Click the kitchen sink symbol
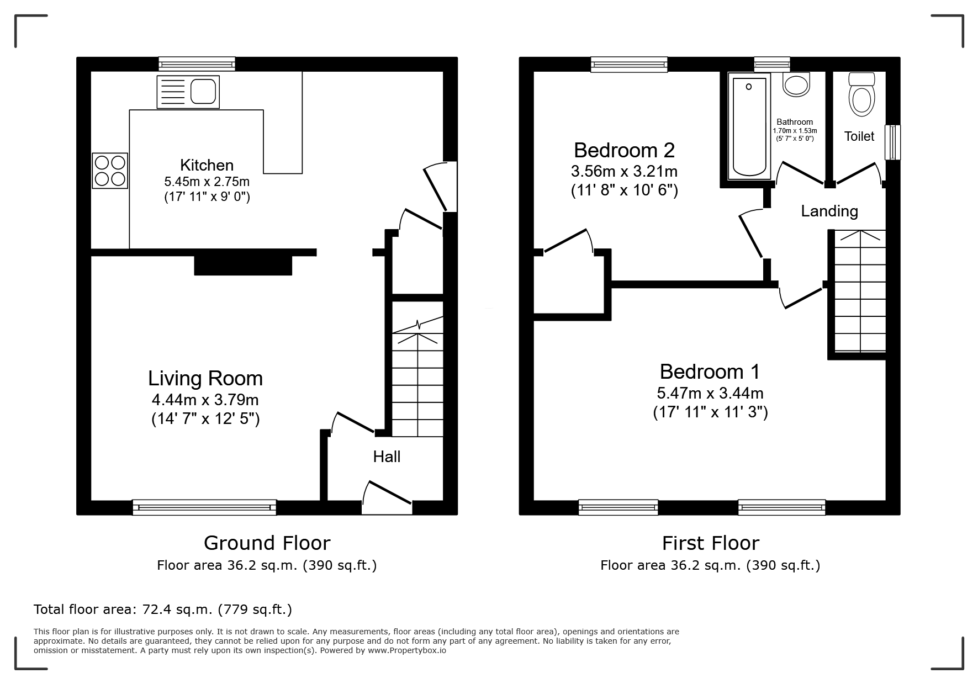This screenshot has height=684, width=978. (188, 92)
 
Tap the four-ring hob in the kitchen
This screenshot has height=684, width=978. (110, 171)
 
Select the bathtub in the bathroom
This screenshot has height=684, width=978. (749, 126)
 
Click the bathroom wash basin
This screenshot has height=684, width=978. (797, 86)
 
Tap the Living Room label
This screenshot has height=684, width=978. (205, 378)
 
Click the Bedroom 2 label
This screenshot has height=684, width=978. (624, 150)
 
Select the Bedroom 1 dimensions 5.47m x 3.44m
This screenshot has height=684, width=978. (710, 393)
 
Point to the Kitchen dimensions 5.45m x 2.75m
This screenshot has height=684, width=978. (207, 182)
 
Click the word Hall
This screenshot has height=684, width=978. (387, 457)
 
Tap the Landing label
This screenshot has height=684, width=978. (829, 211)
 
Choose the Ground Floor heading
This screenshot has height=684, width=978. (267, 543)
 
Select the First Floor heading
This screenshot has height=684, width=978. (711, 543)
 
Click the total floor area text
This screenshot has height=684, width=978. (163, 609)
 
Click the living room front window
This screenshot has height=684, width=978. (204, 507)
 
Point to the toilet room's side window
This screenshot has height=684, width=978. (892, 142)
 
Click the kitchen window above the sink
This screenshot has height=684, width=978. (197, 64)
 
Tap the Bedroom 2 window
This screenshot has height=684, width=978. (629, 65)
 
